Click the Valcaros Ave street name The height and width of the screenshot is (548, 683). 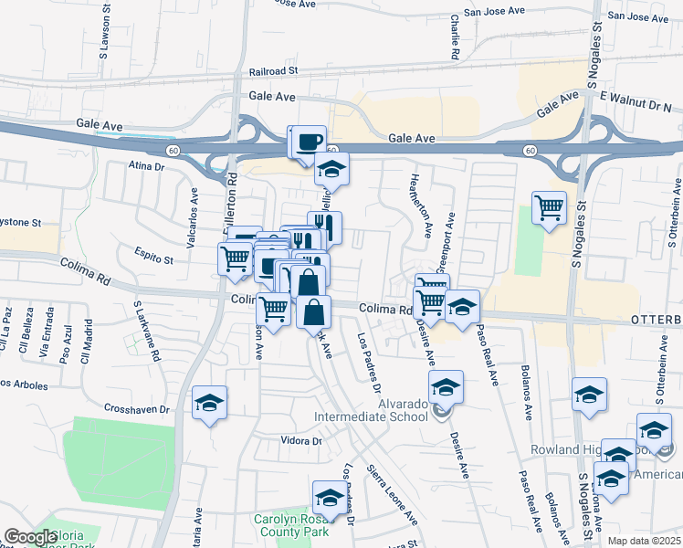pyautogui.click(x=194, y=208)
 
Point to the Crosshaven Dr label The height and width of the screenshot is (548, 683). pyautogui.click(x=137, y=409)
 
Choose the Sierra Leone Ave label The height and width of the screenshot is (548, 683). pyautogui.click(x=392, y=493)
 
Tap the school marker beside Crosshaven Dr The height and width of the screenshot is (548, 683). pyautogui.click(x=210, y=403)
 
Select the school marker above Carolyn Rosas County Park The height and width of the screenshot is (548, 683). pyautogui.click(x=328, y=498)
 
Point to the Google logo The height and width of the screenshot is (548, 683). pyautogui.click(x=30, y=538)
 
